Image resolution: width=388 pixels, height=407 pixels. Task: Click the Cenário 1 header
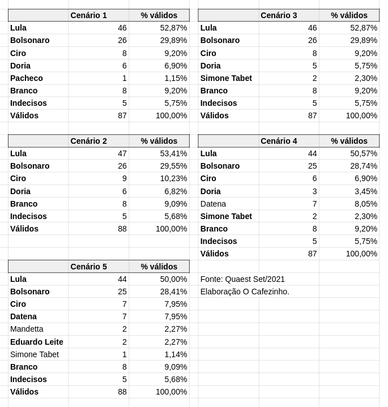pyautogui.click(x=88, y=15)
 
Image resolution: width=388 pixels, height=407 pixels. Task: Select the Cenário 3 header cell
pyautogui.click(x=279, y=15)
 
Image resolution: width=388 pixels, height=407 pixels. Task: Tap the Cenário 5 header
pyautogui.click(x=88, y=267)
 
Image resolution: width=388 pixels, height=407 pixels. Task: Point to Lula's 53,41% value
pyautogui.click(x=173, y=153)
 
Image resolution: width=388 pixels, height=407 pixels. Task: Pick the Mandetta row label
pyautogui.click(x=27, y=329)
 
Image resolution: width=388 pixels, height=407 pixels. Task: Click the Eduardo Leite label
pyautogui.click(x=36, y=342)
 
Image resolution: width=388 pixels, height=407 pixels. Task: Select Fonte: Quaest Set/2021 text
pyautogui.click(x=242, y=279)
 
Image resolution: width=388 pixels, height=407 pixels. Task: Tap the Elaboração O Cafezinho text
pyautogui.click(x=245, y=292)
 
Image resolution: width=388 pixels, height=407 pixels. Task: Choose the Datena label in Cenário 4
pyautogui.click(x=213, y=204)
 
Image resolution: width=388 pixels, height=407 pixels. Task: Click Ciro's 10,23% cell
pyautogui.click(x=173, y=178)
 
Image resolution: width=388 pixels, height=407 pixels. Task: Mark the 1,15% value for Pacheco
pyautogui.click(x=176, y=78)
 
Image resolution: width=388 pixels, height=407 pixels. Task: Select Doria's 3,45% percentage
pyautogui.click(x=365, y=191)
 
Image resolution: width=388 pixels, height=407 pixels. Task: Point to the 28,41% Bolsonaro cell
pyautogui.click(x=173, y=292)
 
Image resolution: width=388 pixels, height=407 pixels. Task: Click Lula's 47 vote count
pyautogui.click(x=122, y=153)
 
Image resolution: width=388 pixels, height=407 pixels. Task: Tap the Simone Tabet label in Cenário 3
pyautogui.click(x=226, y=78)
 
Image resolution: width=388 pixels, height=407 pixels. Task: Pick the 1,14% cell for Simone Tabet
pyautogui.click(x=176, y=354)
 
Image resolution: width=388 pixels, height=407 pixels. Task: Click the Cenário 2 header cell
pyautogui.click(x=88, y=141)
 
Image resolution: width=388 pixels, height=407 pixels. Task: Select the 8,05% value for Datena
pyautogui.click(x=365, y=204)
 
